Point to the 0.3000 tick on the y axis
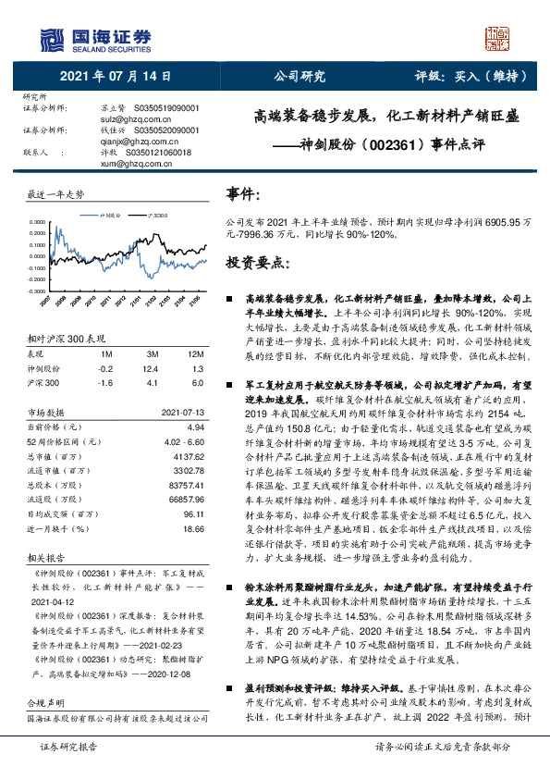37,222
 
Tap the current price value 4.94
195,427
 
